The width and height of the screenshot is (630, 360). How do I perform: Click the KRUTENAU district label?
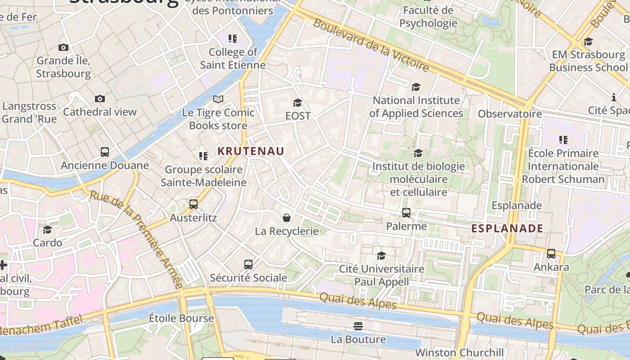click(251, 151)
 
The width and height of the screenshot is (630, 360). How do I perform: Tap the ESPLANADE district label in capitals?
click(507, 229)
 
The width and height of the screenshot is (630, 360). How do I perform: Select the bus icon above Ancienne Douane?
click(105, 152)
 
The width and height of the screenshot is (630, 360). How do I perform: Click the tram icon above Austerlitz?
click(193, 204)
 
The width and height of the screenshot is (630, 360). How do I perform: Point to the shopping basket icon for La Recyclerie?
click(286, 218)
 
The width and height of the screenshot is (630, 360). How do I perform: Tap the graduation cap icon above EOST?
click(297, 103)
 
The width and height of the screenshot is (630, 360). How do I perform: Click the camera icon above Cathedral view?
click(99, 99)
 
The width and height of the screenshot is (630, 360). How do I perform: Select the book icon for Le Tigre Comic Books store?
click(218, 99)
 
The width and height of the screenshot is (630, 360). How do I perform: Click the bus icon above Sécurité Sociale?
click(248, 265)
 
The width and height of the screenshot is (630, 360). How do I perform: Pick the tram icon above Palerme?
click(406, 213)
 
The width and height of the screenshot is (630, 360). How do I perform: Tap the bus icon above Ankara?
click(551, 254)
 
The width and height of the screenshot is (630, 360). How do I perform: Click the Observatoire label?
click(510, 114)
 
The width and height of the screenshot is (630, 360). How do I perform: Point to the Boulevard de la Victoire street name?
click(371, 45)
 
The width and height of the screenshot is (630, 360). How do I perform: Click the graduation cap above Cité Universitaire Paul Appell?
click(382, 256)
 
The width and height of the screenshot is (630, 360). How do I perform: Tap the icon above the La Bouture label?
click(358, 325)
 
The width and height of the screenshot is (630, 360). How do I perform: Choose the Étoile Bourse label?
click(181, 319)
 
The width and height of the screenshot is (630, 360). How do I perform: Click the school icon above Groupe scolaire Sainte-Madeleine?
click(203, 156)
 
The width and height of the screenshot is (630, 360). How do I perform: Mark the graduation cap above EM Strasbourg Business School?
click(588, 42)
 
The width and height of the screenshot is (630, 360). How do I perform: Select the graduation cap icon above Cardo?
click(48, 229)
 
